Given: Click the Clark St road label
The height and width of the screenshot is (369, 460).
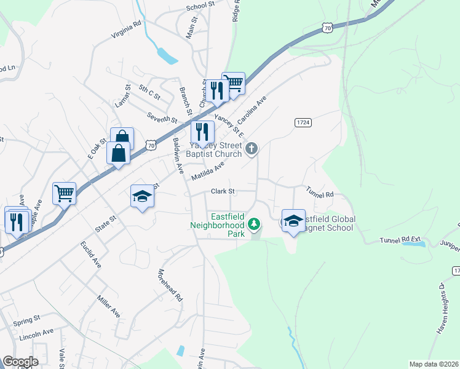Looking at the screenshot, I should (x=224, y=191).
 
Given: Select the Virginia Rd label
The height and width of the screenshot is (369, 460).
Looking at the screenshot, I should (x=126, y=29).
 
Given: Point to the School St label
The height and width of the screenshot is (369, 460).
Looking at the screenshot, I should (x=200, y=4).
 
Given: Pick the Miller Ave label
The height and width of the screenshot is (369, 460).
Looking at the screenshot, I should (x=108, y=306).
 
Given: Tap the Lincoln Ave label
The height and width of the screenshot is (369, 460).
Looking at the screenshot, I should (x=36, y=332).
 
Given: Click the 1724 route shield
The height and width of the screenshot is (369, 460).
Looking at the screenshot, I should (x=302, y=123).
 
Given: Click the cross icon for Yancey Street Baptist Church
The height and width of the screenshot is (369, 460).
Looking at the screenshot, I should (x=251, y=148).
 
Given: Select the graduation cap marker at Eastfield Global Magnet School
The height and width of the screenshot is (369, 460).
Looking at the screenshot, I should (x=293, y=220).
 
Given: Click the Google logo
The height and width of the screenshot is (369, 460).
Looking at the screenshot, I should (x=20, y=362).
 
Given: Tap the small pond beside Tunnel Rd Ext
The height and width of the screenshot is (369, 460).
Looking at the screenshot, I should (x=413, y=244).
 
